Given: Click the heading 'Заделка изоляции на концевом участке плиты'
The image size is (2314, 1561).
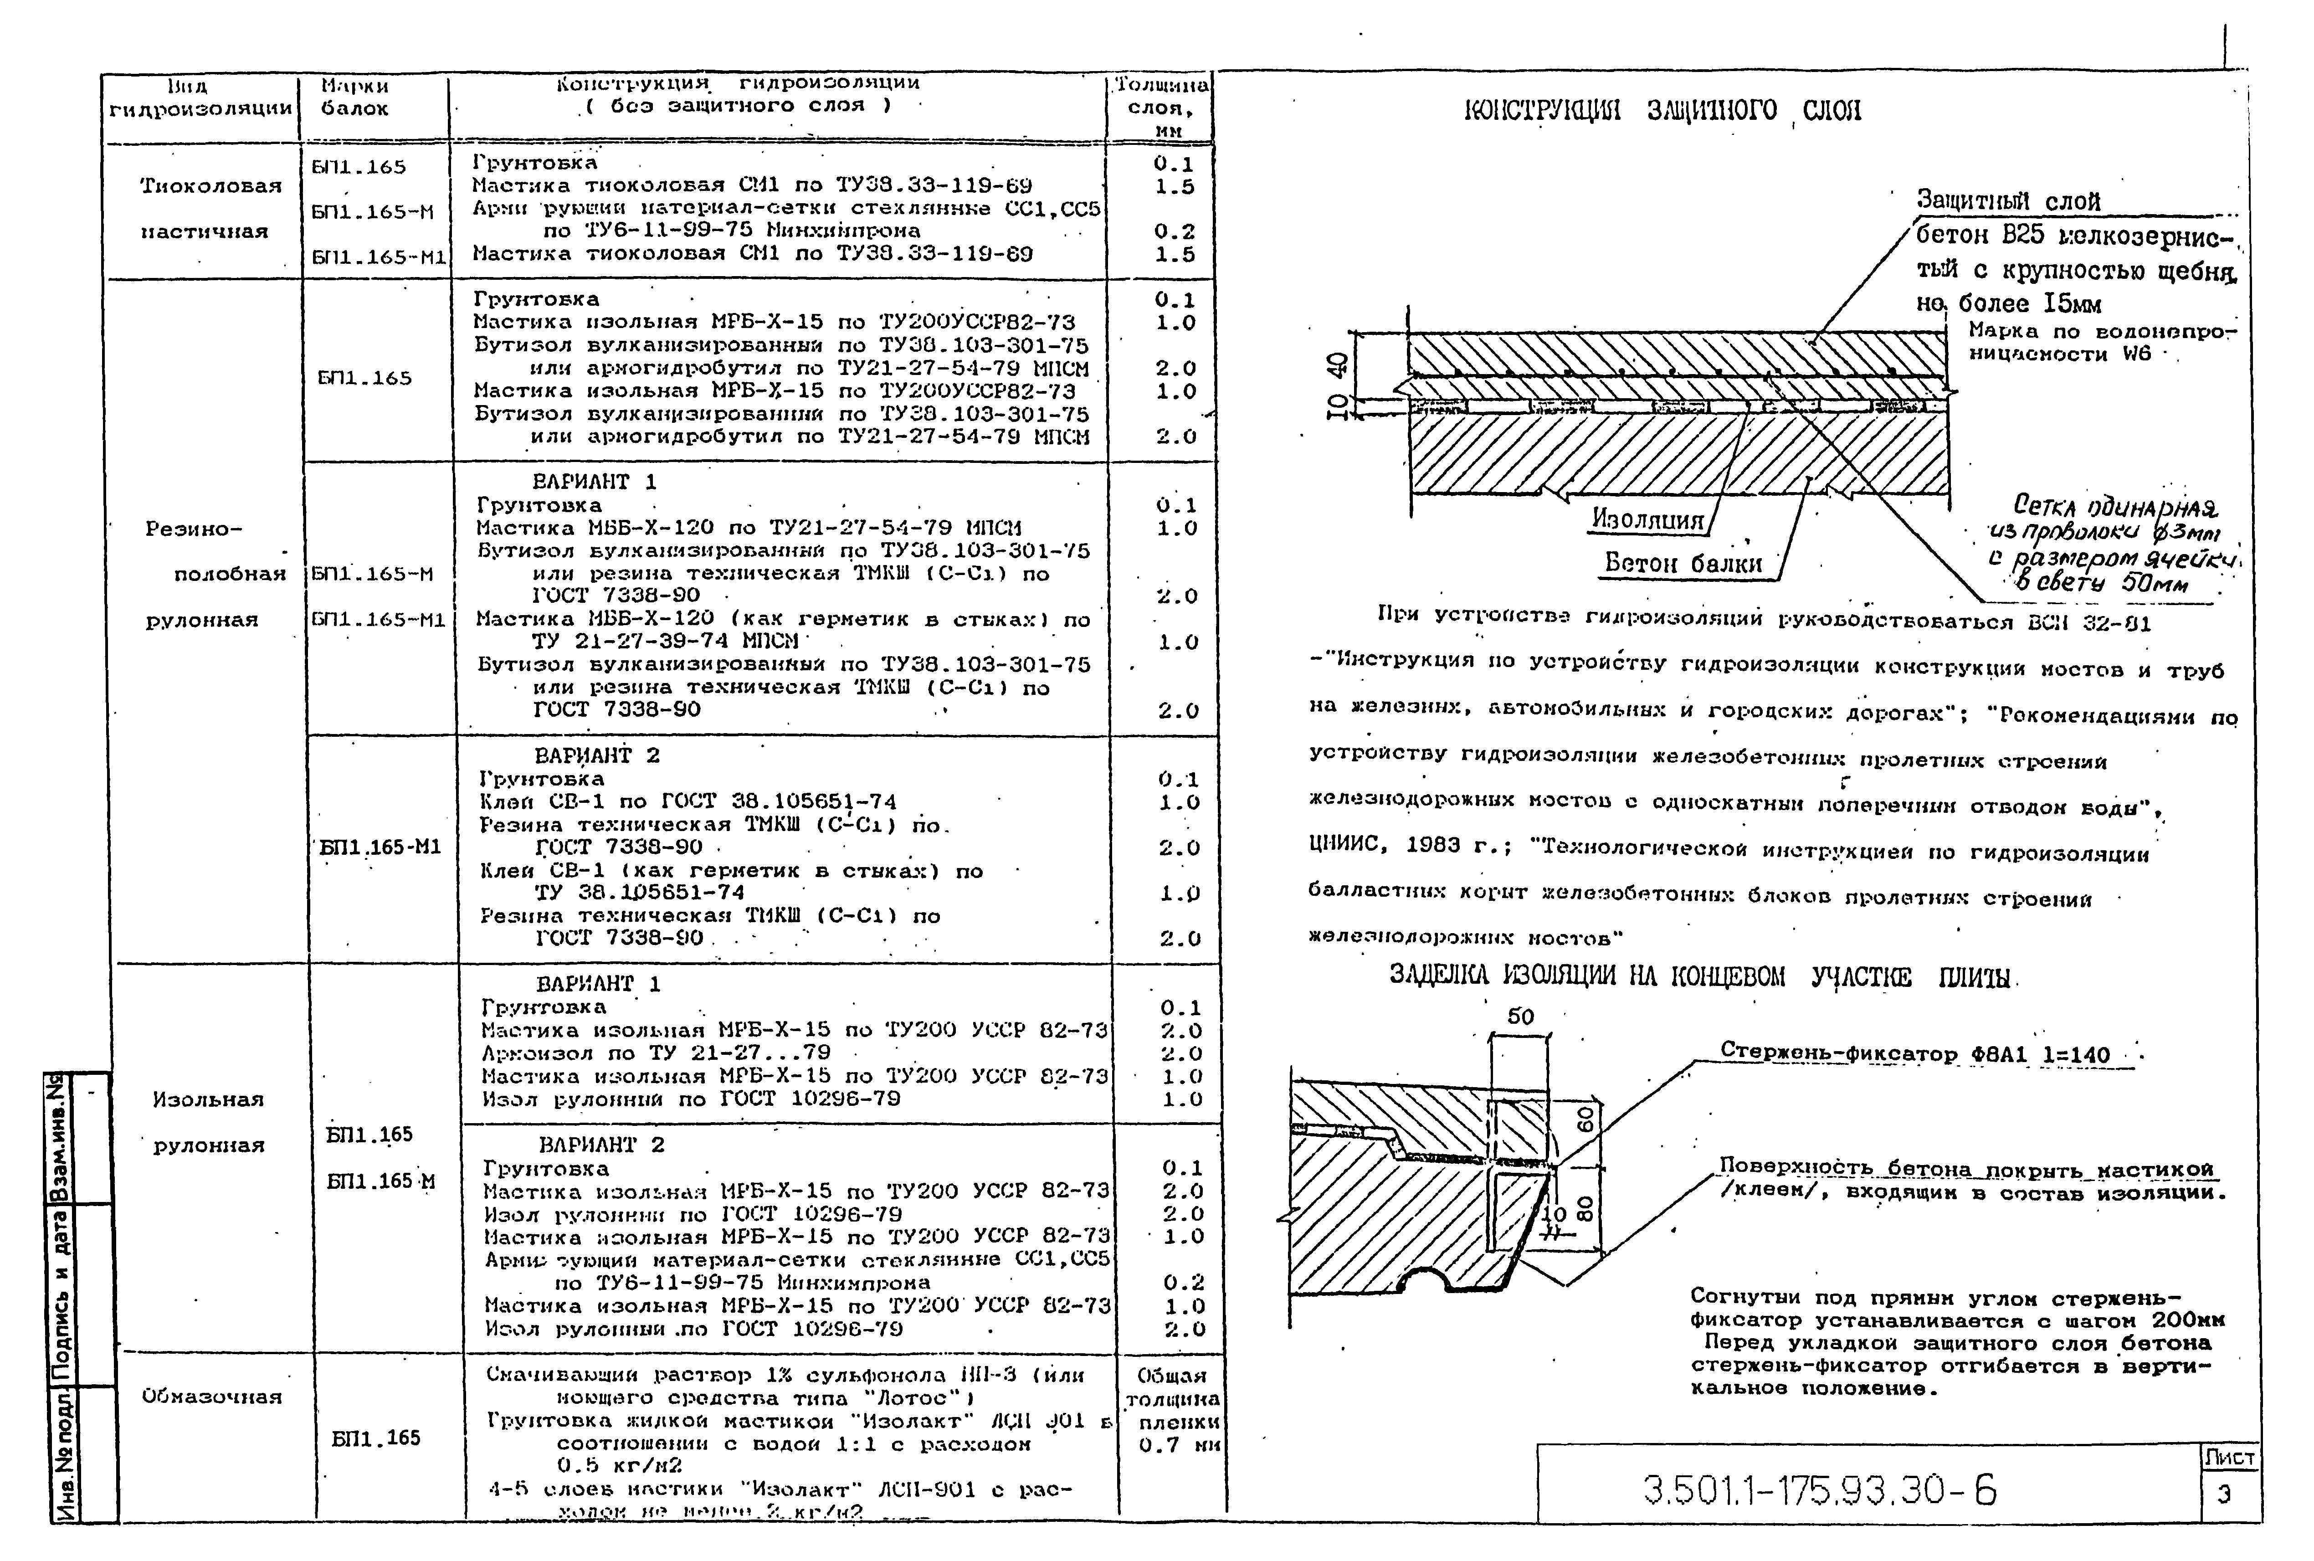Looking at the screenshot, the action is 1702,976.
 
